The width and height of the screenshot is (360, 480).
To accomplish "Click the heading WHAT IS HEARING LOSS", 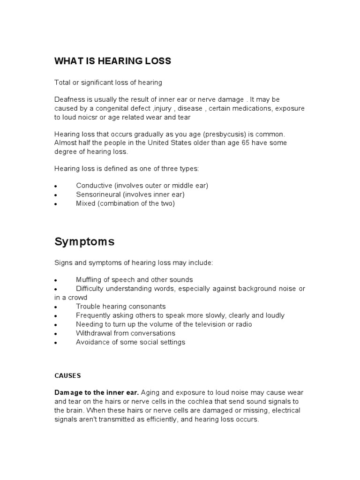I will pos(113,61).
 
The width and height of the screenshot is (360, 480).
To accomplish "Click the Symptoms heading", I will pos(84,242).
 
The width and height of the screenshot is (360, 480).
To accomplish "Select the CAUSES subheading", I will pos(67,375).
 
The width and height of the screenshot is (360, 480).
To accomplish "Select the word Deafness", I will pos(70,100).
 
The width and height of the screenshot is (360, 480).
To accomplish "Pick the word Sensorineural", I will pos(97,195).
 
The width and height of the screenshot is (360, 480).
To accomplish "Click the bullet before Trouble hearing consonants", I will pos(56,307).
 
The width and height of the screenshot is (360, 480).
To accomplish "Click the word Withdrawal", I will pos(94,333).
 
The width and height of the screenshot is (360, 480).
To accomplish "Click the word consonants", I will pos(149,307).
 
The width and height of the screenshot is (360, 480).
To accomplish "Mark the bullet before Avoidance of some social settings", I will pos(56,343).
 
